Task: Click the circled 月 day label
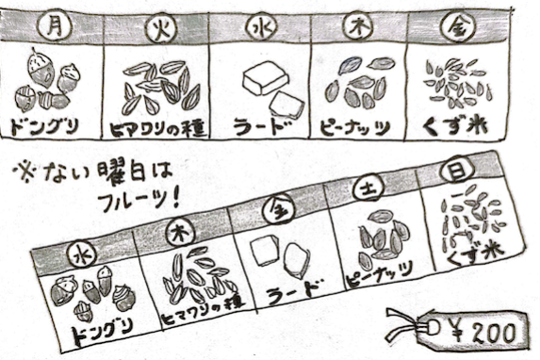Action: [56, 25]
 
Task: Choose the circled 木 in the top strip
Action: [357, 27]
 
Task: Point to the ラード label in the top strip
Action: [261, 127]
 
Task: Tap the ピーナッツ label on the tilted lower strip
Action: [380, 274]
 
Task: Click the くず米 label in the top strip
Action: [455, 127]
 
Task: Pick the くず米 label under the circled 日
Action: [476, 255]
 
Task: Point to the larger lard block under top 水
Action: [265, 78]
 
